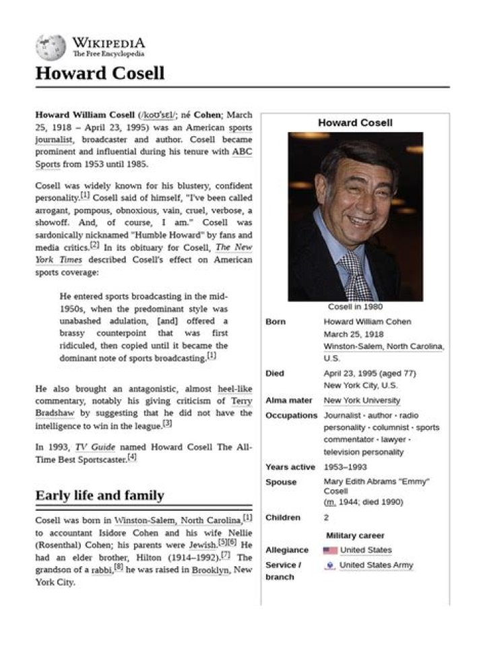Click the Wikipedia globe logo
pos(51,47)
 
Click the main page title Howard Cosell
pos(100,73)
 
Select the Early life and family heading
pos(100,495)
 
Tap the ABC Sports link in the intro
pos(242,152)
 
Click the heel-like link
pos(235,389)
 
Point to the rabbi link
pos(101,569)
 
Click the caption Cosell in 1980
pos(355,307)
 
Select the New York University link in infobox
pos(362,400)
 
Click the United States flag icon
pos(329,550)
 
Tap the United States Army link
pos(376,565)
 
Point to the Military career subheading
pos(355,535)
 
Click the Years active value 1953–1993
pos(346,466)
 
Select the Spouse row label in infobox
pos(280,482)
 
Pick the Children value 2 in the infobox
pos(327,518)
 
